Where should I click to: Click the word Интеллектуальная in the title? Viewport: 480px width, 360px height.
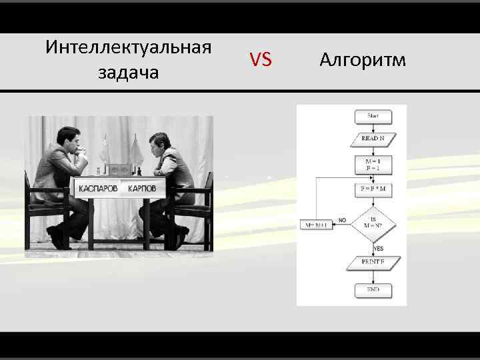129,48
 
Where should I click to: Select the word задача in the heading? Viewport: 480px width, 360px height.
129,72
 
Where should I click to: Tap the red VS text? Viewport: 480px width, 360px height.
261,61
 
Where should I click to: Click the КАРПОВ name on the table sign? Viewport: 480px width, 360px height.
142,189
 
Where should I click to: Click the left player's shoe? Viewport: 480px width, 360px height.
57,236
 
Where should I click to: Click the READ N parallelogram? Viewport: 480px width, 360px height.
373,138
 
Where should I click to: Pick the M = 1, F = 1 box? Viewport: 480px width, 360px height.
373,165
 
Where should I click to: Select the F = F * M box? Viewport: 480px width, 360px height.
373,189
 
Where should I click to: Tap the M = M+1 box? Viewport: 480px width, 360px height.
317,225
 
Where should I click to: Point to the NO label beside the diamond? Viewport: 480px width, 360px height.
342,219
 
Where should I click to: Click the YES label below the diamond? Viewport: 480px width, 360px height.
379,249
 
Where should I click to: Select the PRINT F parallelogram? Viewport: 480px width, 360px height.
373,262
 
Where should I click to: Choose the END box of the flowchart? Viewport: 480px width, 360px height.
373,291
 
